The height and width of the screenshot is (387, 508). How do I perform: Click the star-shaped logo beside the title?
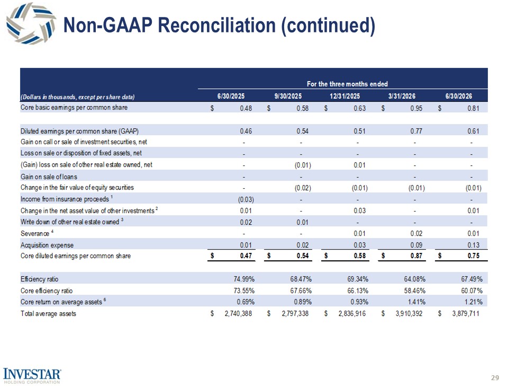click(31, 23)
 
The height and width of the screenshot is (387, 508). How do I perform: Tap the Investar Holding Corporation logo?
click(32, 376)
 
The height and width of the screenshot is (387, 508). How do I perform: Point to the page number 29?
click(495, 377)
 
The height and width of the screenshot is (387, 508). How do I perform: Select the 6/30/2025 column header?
click(231, 96)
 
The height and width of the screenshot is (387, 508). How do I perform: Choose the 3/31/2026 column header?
click(402, 96)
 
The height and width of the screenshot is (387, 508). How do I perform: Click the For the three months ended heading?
click(347, 84)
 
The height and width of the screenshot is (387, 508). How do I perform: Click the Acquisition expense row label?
click(47, 245)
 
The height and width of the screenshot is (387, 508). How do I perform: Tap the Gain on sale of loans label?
click(49, 177)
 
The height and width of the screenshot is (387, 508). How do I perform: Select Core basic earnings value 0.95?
click(416, 108)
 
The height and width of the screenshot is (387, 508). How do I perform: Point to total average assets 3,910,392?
click(409, 313)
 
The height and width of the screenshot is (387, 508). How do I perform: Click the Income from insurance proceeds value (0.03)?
click(246, 199)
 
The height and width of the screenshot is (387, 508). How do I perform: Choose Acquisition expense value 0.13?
click(473, 245)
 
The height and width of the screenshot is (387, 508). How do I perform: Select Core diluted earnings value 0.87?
click(416, 256)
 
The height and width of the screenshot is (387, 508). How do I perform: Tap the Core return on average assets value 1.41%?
click(416, 302)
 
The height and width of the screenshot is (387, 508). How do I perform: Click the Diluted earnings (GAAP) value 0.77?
click(416, 131)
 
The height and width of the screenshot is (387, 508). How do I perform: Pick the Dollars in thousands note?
click(77, 96)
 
